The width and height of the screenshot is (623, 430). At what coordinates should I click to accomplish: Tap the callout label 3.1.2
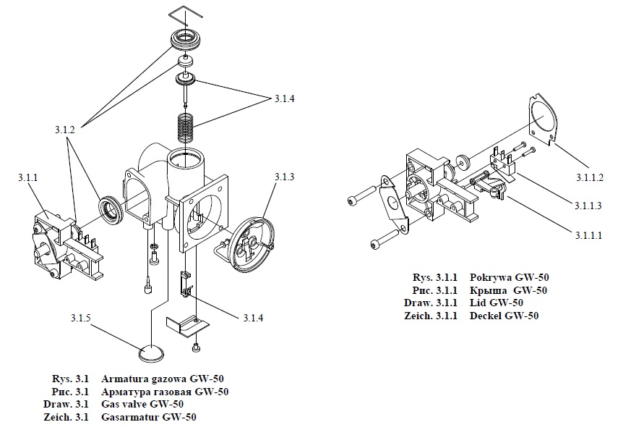tap(65, 128)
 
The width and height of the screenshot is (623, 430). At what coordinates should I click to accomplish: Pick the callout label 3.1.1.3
tap(590, 206)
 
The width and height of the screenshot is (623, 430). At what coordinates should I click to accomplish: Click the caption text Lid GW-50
tap(497, 303)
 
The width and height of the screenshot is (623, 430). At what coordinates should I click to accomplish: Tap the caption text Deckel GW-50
tap(504, 316)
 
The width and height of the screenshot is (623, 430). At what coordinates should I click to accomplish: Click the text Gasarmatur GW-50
tap(149, 417)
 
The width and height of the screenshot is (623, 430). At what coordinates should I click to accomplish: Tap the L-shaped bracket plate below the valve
tap(185, 323)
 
